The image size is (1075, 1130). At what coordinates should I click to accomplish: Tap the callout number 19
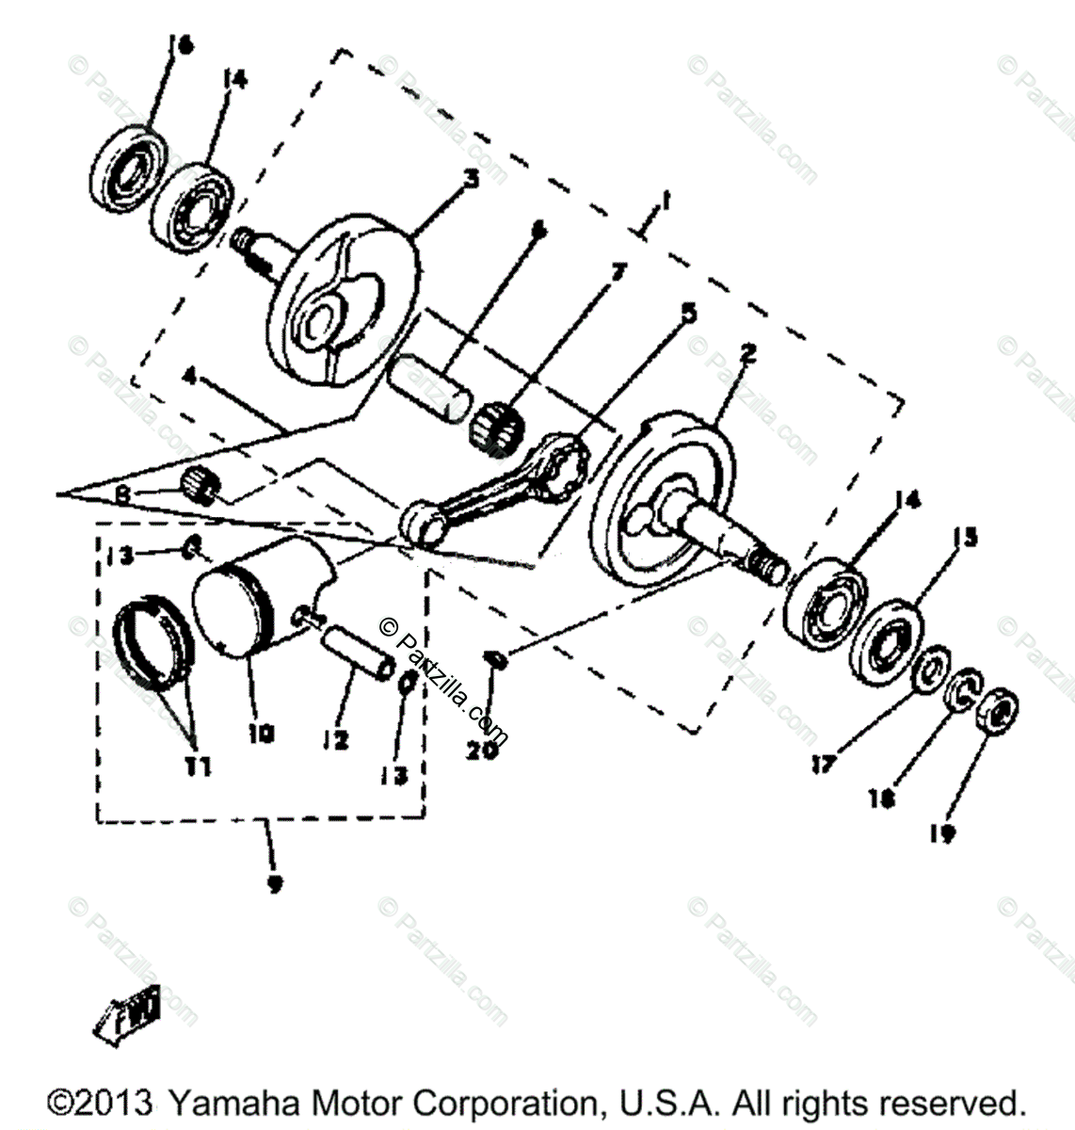945,832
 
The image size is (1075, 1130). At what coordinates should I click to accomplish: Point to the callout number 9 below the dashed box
274,885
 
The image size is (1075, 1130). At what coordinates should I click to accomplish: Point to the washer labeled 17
932,668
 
